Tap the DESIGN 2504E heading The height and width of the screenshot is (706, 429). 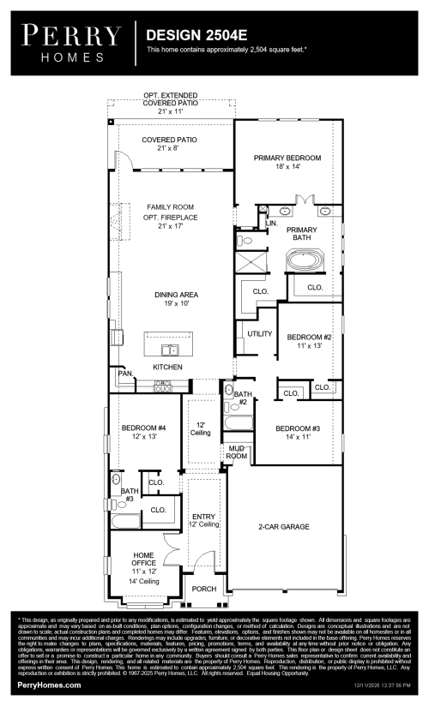tap(190, 35)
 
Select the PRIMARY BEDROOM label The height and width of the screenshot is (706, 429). tap(287, 159)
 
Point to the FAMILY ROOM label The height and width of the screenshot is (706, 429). tap(170, 207)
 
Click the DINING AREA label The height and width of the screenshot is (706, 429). tap(170, 295)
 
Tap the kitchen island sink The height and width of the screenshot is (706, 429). tap(172, 350)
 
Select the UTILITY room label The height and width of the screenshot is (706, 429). tap(259, 333)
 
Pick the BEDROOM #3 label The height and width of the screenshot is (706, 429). tap(298, 428)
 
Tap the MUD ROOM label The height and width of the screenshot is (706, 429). tap(236, 452)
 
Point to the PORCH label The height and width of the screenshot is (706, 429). tap(203, 589)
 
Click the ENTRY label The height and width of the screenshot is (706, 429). tap(204, 517)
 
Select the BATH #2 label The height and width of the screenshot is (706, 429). tap(242, 398)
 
